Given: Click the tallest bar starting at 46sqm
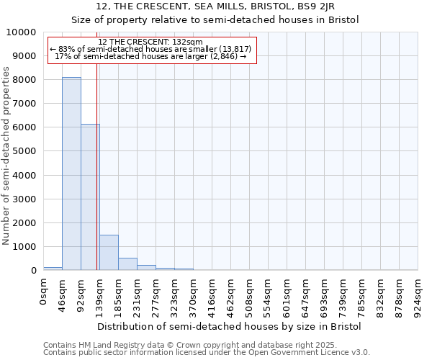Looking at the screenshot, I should tap(71, 174).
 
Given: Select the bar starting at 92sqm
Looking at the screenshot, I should tap(90, 197).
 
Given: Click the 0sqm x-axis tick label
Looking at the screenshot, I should tap(44, 294).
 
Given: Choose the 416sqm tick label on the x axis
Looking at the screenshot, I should tap(212, 297).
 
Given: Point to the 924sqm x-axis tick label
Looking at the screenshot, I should tap(418, 297).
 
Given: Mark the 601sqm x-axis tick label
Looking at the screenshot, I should tap(287, 297).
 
